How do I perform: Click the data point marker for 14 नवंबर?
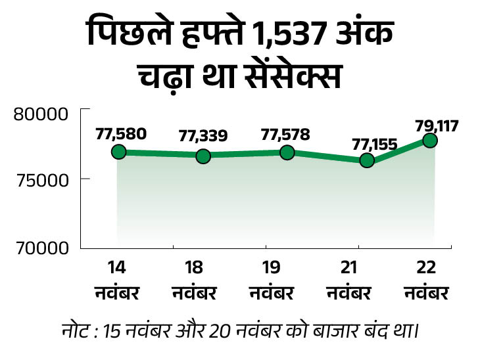tap(118, 152)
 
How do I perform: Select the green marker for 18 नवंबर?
tap(203, 156)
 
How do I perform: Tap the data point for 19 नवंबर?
tap(287, 152)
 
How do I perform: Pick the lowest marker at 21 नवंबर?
tap(367, 160)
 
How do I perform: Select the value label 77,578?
tap(287, 133)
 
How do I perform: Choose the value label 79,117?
tap(437, 124)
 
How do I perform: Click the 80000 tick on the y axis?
tap(41, 114)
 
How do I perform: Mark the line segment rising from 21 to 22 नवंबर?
tap(399, 150)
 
